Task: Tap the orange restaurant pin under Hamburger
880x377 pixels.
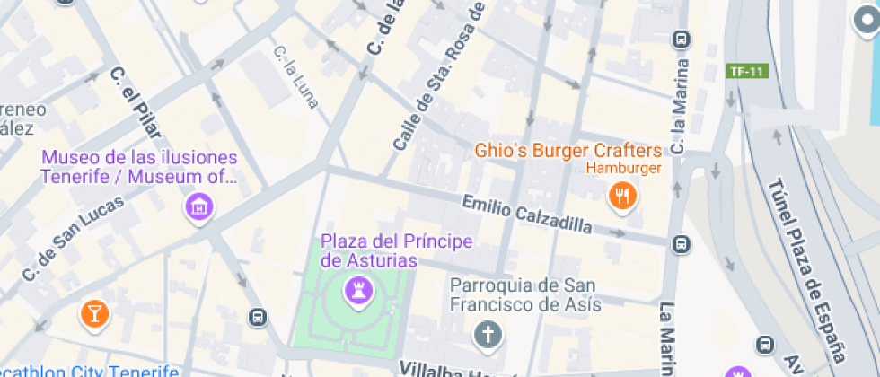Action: point(621,195)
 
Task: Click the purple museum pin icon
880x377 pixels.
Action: point(199,208)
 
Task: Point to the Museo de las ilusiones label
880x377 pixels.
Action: point(139,167)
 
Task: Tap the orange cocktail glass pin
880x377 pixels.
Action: point(93,312)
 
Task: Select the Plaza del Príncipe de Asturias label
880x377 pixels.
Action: point(397,251)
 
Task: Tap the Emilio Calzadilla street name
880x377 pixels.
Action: point(526,214)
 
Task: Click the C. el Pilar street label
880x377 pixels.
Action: point(132,102)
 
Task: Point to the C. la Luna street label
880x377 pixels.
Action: point(296,77)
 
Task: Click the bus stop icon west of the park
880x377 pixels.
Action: point(258,316)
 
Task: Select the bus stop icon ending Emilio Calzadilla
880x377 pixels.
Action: point(681,244)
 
